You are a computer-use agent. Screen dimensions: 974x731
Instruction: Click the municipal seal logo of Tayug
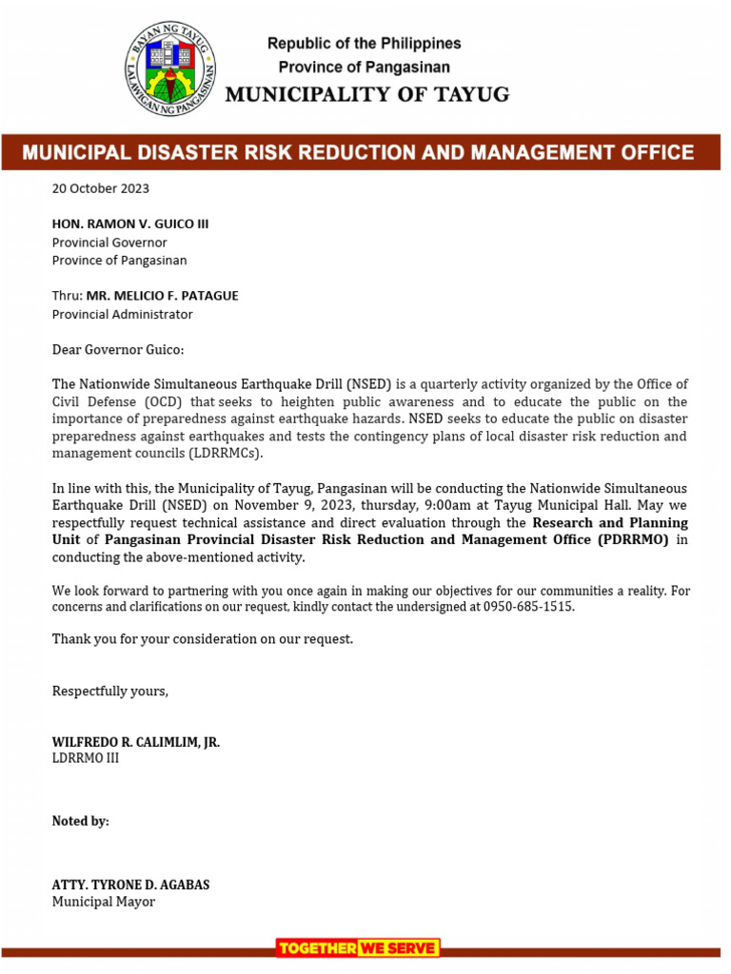171,68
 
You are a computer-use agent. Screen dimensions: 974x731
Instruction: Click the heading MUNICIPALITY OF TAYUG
366,94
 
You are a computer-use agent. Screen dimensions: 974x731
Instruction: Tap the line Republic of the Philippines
364,44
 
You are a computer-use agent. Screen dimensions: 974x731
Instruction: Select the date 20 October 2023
100,188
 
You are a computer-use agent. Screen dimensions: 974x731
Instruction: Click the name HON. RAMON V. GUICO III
129,224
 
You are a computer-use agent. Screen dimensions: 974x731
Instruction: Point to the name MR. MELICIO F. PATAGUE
162,296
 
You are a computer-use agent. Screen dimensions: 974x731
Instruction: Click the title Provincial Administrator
122,314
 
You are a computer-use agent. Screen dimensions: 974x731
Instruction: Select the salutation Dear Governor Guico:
117,350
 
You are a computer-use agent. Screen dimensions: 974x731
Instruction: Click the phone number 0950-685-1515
528,607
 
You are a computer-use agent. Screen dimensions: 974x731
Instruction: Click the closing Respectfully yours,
109,691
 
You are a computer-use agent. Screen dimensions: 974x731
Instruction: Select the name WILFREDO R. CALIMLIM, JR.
135,742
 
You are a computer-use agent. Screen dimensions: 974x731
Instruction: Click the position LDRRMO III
86,759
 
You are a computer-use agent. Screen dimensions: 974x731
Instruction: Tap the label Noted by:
80,821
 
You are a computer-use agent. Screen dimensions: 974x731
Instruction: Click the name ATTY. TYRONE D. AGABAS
130,885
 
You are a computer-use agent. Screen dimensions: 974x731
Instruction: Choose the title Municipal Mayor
103,902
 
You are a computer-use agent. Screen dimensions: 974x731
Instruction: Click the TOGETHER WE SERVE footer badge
358,947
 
